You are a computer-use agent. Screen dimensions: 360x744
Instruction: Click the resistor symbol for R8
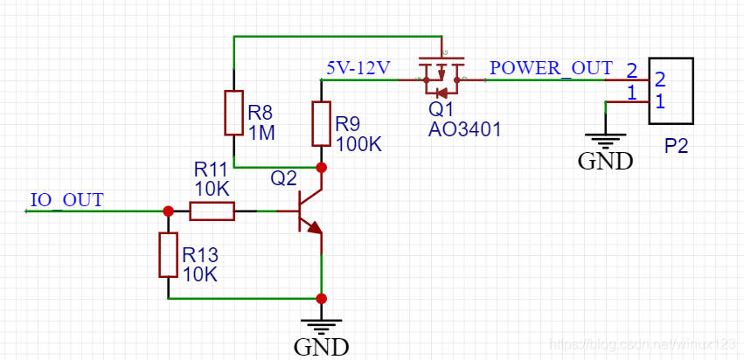[x=233, y=112]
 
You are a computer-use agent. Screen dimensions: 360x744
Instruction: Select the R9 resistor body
[x=321, y=123]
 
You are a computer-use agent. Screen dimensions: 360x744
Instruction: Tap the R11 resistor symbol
[x=212, y=211]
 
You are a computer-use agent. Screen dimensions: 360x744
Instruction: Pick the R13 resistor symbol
[x=168, y=254]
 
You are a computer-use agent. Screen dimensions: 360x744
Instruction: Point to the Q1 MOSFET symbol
[x=442, y=77]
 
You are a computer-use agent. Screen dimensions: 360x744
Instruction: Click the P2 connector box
[x=670, y=90]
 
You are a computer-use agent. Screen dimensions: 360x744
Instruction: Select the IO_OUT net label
[x=66, y=199]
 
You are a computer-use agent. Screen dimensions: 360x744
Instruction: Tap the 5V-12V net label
[x=358, y=67]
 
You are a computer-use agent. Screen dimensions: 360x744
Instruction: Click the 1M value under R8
[x=261, y=133]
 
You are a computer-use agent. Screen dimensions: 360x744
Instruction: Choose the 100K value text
[x=358, y=143]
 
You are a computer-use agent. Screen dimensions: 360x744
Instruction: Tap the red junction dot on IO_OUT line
[x=168, y=211]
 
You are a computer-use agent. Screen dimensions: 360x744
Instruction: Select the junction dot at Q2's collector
[x=321, y=167]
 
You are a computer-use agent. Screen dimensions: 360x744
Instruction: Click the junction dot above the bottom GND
[x=321, y=298]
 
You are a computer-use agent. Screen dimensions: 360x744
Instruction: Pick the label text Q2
[x=283, y=178]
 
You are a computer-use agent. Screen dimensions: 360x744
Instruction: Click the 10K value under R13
[x=199, y=274]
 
